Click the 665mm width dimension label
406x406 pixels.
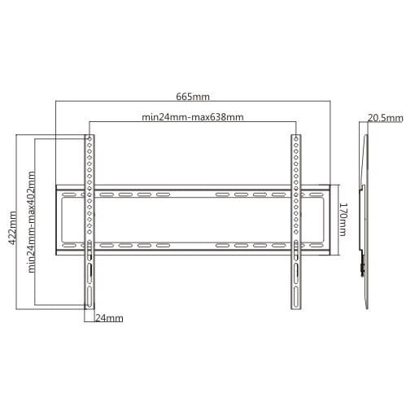pyautogui.click(x=193, y=97)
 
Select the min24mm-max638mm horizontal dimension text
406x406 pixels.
pyautogui.click(x=193, y=117)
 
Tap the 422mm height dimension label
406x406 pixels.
pyautogui.click(x=12, y=228)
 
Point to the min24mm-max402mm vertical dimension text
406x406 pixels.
pyautogui.click(x=32, y=222)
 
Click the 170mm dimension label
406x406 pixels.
pyautogui.click(x=343, y=220)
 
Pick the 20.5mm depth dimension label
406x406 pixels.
pyautogui.click(x=386, y=118)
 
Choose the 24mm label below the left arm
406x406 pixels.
pyautogui.click(x=109, y=318)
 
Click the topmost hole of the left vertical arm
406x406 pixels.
pyautogui.click(x=89, y=139)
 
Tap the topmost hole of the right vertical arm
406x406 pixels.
pyautogui.click(x=296, y=139)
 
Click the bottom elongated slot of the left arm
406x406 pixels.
pyautogui.click(x=89, y=295)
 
